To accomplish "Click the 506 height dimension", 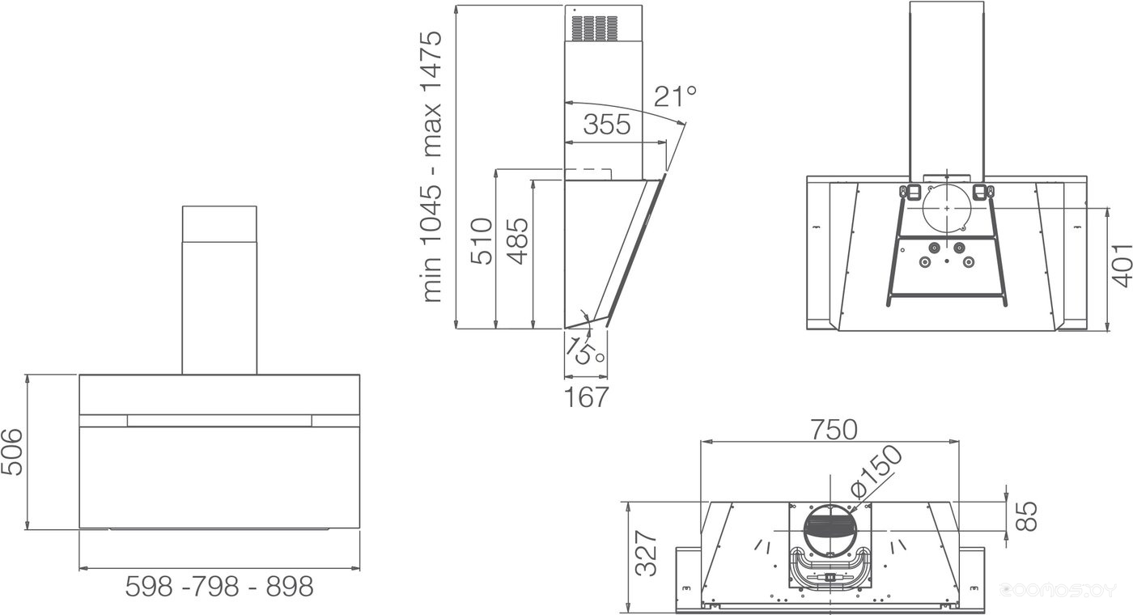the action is (x=12, y=452).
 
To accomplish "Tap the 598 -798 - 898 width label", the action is (x=219, y=587).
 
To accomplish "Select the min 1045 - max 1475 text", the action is (x=431, y=167).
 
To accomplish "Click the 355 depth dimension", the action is (x=607, y=124).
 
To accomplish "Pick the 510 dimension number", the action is (x=482, y=242).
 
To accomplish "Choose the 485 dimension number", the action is (x=517, y=242).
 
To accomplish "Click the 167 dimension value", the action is (x=586, y=397).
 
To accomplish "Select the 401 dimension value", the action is (x=1120, y=265).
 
